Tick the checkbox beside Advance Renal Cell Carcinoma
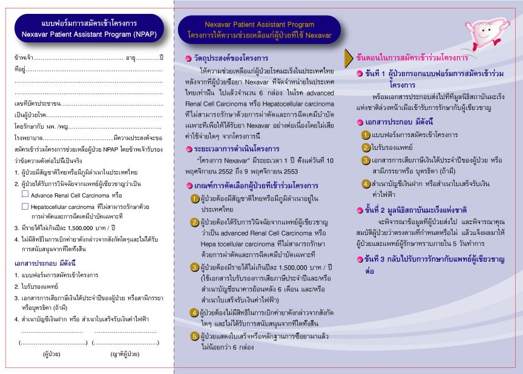(x=25, y=195)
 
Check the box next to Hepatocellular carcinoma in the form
(x=25, y=206)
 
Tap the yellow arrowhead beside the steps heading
(x=349, y=58)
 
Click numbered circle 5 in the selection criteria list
(x=194, y=337)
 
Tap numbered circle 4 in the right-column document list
(x=366, y=184)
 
